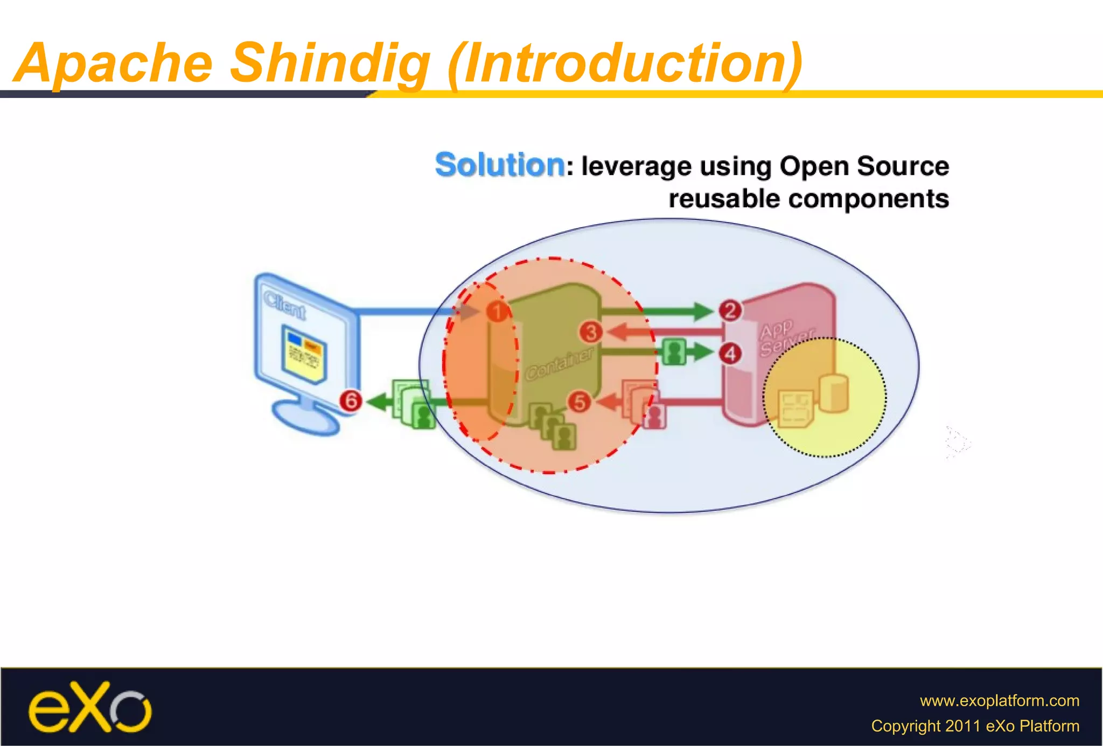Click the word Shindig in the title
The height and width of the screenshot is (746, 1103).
330,64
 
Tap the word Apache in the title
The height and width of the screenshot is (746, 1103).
114,64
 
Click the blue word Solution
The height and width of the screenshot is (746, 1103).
500,165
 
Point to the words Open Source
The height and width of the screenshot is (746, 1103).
864,166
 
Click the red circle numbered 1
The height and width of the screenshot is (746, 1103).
497,311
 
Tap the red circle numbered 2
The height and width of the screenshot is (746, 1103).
730,310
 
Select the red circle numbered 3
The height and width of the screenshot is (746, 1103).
591,332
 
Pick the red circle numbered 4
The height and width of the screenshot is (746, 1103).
730,354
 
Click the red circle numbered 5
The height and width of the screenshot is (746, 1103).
579,402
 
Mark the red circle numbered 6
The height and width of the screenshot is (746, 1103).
351,400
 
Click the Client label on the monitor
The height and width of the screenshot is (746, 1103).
285,305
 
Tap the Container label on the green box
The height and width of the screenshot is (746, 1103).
559,364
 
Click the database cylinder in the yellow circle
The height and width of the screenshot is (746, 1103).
833,394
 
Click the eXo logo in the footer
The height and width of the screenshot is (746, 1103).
90,707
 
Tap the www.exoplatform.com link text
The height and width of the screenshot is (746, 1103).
999,700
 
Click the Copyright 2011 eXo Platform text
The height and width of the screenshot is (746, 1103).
975,726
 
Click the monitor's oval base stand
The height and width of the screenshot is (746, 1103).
305,418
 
